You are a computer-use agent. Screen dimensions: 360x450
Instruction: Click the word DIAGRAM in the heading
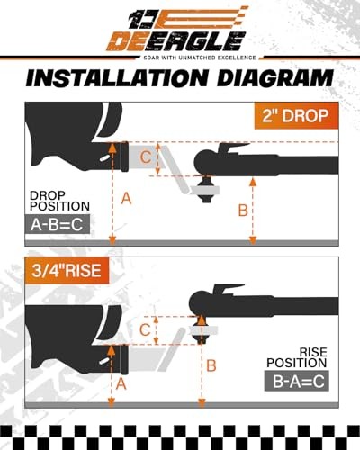tap(275, 78)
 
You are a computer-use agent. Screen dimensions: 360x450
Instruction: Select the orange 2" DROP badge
tap(296, 115)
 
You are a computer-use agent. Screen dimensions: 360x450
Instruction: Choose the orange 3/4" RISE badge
tap(67, 270)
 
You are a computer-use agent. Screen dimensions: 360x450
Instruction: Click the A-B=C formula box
tap(57, 224)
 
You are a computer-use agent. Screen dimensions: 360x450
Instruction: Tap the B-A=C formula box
tap(296, 381)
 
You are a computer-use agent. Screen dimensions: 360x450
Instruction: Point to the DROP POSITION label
tap(59, 201)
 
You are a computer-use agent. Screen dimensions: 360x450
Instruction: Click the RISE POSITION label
tap(297, 357)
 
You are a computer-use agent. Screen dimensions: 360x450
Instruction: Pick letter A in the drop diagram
tap(126, 199)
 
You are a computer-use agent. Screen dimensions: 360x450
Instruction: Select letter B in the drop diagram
tap(243, 210)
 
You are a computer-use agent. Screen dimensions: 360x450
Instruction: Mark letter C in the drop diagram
tap(146, 157)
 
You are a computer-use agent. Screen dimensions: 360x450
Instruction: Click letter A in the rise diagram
tap(121, 383)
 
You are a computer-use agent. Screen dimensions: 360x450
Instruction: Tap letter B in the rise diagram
tap(211, 365)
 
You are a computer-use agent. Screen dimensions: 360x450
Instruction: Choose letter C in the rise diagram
tap(145, 330)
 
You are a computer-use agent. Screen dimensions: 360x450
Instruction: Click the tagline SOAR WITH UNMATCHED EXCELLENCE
tap(200, 58)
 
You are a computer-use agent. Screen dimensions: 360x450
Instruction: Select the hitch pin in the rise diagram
tap(105, 361)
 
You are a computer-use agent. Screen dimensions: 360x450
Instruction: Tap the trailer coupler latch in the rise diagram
tap(223, 290)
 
